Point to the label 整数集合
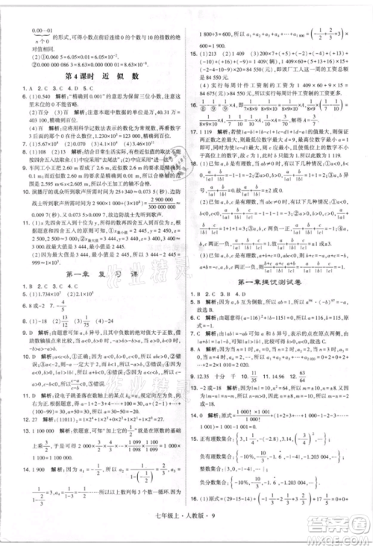[x=221, y=492]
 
